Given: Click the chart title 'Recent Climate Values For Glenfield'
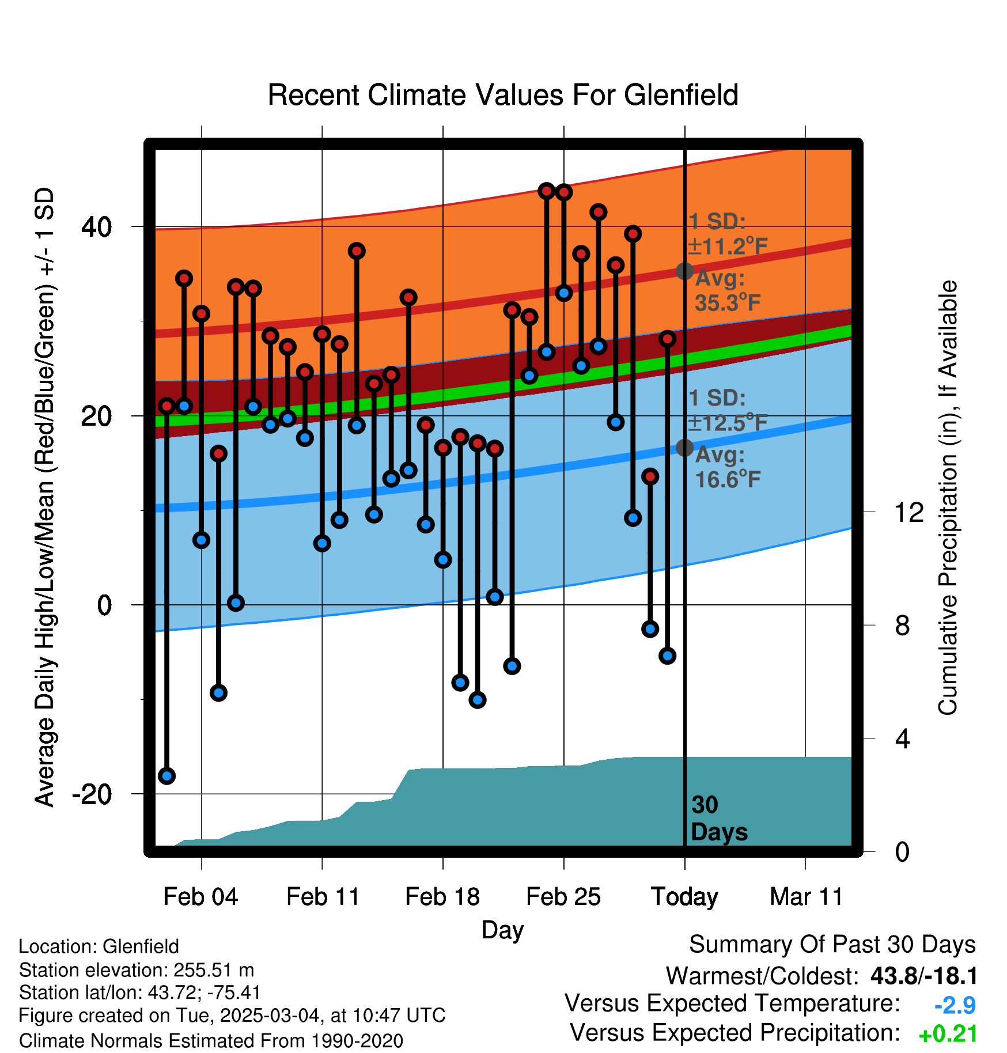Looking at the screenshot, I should tap(503, 95).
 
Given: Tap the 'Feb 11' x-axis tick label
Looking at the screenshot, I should tap(323, 897).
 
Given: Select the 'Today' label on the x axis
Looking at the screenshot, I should tap(684, 897).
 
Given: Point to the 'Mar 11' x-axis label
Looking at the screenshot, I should tap(806, 897).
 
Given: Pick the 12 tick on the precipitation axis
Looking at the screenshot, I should tap(908, 512).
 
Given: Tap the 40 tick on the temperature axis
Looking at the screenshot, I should tap(96, 227).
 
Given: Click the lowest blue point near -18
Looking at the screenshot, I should tap(167, 776).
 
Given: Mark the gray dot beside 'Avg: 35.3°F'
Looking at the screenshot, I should tap(684, 271).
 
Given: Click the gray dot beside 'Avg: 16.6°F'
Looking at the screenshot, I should tap(684, 448).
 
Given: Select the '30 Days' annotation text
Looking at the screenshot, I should tap(718, 819).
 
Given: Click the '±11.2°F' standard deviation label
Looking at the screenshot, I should tap(728, 247).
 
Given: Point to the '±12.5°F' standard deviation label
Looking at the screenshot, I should tap(728, 423).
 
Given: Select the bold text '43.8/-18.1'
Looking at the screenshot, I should tap(923, 976).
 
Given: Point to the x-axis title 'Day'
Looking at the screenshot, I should tap(502, 930).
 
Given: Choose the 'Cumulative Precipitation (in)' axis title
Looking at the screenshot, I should tap(948, 498).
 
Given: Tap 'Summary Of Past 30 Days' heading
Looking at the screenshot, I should tap(832, 945).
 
